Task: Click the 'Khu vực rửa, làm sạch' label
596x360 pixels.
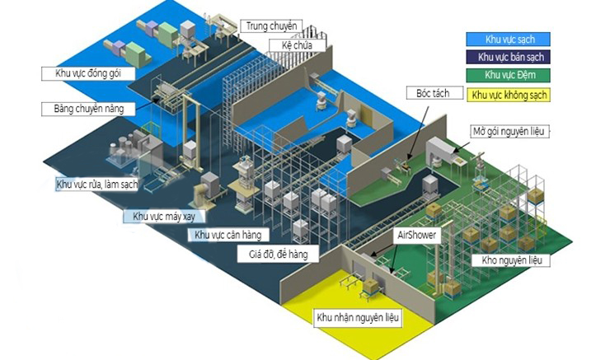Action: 96,184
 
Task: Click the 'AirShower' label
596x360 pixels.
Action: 417,235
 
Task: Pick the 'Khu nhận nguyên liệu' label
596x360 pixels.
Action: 359,316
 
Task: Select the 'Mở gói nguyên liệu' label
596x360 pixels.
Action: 509,131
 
